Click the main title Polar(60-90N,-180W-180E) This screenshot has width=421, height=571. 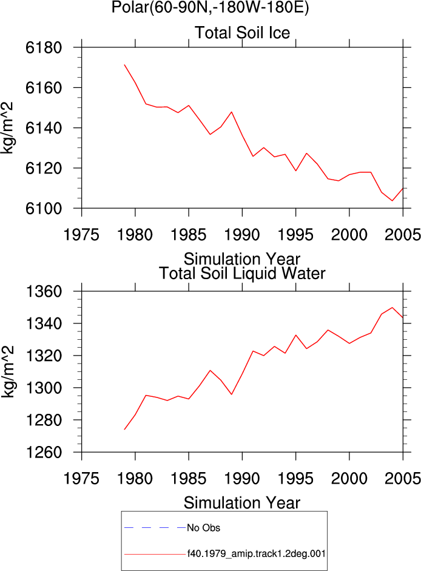210,7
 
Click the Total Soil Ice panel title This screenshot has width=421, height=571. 242,33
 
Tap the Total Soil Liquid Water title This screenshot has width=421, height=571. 242,273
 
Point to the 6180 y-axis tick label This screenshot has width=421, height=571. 44,48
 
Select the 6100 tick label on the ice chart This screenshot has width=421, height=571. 44,209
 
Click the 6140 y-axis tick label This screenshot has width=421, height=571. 44,128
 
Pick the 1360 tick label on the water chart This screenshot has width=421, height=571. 44,291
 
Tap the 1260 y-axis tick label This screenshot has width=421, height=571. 44,452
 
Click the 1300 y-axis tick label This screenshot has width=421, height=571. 44,388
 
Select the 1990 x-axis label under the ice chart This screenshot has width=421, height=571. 242,235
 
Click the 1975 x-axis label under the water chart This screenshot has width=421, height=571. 81,479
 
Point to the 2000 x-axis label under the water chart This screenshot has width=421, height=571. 349,479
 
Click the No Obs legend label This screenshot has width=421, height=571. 204,528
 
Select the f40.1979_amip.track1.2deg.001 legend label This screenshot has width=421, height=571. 257,554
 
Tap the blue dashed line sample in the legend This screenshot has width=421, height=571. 155,527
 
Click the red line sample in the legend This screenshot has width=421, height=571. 155,555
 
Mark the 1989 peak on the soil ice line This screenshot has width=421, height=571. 232,112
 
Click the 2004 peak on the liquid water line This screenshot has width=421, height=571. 392,308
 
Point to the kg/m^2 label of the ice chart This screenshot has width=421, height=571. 7,127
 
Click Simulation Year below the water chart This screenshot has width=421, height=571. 242,503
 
